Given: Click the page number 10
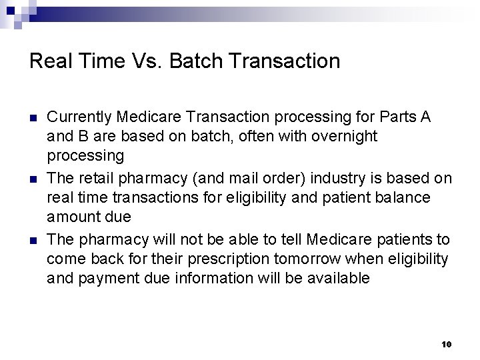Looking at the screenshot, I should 446,344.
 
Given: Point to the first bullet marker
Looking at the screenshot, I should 33,117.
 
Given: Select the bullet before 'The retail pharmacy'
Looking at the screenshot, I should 33,179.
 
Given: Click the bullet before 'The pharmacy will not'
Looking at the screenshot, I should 33,240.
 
